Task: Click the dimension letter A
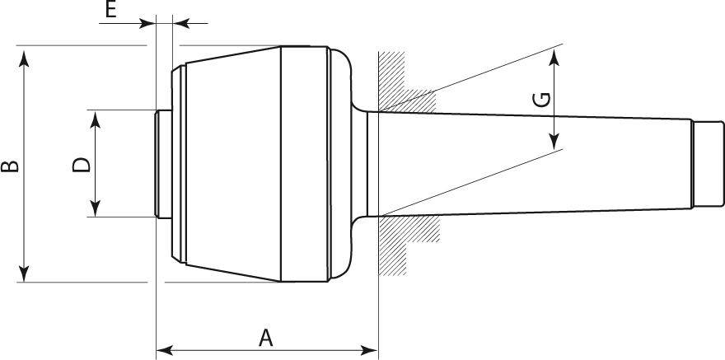pos(265,338)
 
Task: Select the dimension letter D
pos(82,165)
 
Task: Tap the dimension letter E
pos(110,9)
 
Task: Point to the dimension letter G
pos(541,100)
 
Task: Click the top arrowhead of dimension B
pos(25,59)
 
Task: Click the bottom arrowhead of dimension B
pos(25,274)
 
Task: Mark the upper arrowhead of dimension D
pos(96,119)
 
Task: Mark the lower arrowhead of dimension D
pos(96,208)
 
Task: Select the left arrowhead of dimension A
pos(165,350)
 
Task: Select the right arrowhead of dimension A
pos(370,350)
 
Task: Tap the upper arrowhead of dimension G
pos(554,57)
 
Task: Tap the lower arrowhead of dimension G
pos(554,141)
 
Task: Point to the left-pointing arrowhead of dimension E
pos(180,23)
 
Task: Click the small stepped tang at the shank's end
pos(709,164)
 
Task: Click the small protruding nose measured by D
pos(164,164)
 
